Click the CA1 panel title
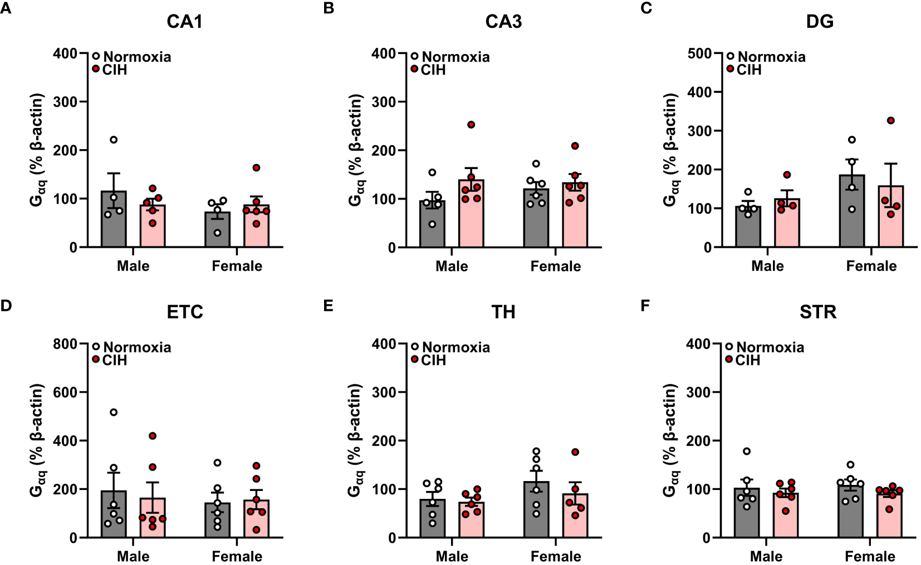[184, 22]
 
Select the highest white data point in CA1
[114, 140]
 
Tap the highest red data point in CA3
[471, 125]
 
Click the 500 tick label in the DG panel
[699, 53]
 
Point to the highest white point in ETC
[114, 412]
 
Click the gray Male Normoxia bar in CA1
[114, 222]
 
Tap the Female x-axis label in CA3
[555, 266]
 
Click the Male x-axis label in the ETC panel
[133, 556]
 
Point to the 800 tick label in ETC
[65, 344]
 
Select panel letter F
[645, 305]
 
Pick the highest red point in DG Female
[890, 121]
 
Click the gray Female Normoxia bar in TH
[536, 512]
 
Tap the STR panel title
[818, 312]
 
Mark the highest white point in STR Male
[747, 451]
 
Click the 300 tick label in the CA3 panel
[384, 102]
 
